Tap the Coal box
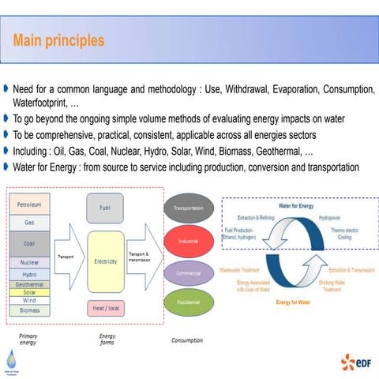[29, 243]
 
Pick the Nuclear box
[29, 262]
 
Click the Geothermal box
[29, 283]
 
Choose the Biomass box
[29, 310]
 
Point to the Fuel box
[105, 208]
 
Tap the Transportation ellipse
[188, 208]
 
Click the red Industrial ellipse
[188, 241]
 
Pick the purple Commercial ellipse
[188, 272]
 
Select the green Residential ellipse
[188, 302]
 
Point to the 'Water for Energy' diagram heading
[296, 206]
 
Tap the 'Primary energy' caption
[28, 340]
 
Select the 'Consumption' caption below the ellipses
[186, 340]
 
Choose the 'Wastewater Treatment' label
[241, 270]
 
